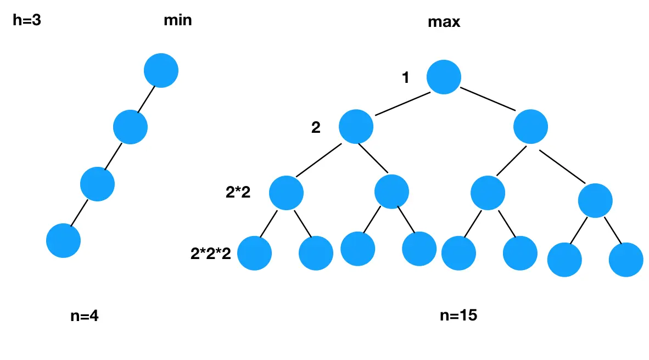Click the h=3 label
point(27,21)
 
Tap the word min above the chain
point(178,21)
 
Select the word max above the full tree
point(444,22)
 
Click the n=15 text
point(458,316)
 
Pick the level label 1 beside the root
point(406,78)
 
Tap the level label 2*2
point(238,192)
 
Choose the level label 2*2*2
point(210,253)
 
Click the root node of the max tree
point(443,76)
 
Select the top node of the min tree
point(161,70)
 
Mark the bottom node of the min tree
point(63,240)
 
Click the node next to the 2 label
point(356,127)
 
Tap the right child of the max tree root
point(530,127)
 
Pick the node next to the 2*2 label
point(286,193)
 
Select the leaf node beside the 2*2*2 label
point(255,253)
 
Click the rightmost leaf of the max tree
point(625,259)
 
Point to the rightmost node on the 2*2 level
point(595,200)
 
